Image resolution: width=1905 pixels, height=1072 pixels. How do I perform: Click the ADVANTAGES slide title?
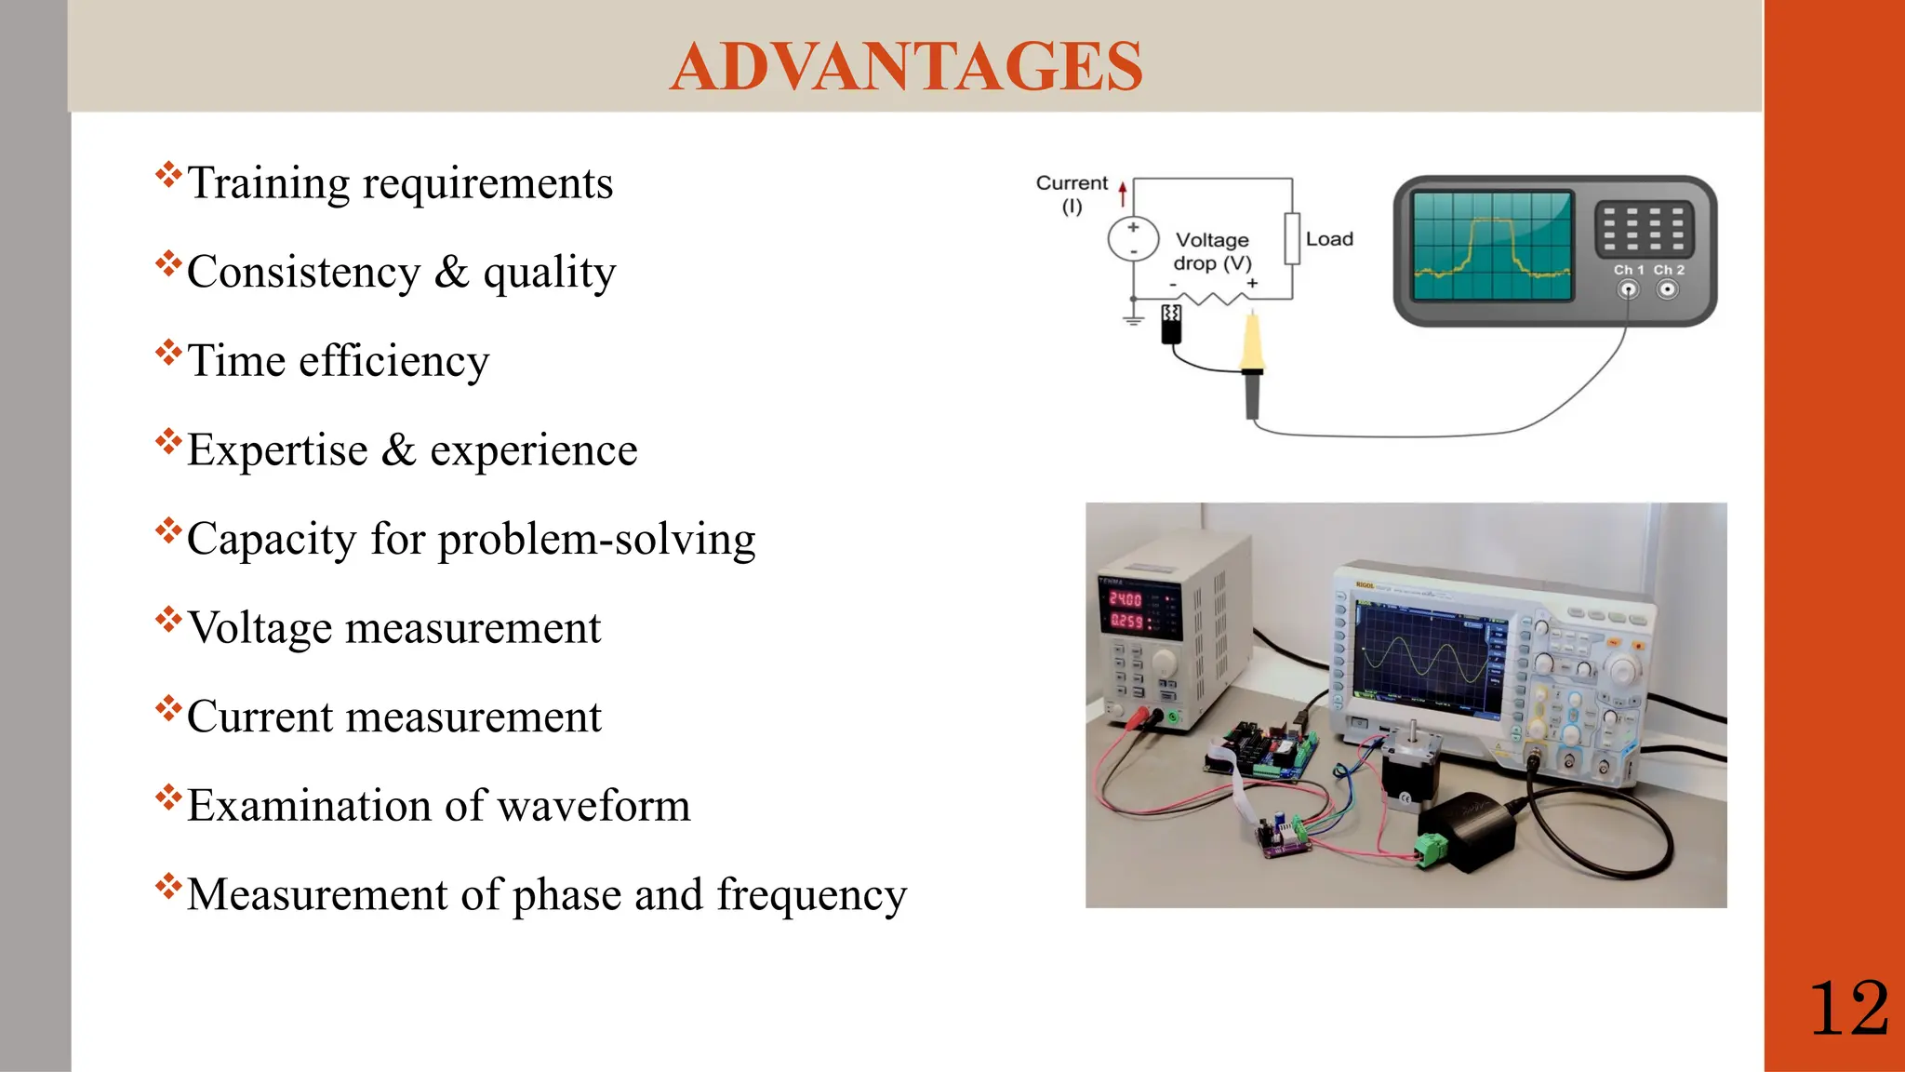pyautogui.click(x=905, y=66)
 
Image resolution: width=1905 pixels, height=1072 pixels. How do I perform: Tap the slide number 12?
pyautogui.click(x=1848, y=1009)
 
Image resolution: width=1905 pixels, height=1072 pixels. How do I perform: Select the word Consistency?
pyautogui.click(x=303, y=273)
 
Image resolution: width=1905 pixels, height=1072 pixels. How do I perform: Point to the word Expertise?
pyautogui.click(x=277, y=450)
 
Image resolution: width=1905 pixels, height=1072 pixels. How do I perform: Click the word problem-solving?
pyautogui.click(x=596, y=540)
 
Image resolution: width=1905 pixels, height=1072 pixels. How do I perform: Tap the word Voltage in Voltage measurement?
pyautogui.click(x=260, y=628)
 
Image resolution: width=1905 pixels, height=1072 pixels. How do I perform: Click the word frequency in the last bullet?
pyautogui.click(x=811, y=895)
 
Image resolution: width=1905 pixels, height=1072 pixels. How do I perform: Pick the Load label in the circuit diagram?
pyautogui.click(x=1328, y=239)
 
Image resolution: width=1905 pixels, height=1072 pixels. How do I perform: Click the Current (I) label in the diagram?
pyautogui.click(x=1072, y=194)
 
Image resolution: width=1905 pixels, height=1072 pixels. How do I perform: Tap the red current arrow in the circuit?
pyautogui.click(x=1123, y=193)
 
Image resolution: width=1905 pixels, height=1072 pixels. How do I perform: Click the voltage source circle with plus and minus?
pyautogui.click(x=1133, y=239)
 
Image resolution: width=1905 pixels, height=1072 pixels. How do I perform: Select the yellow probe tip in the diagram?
pyautogui.click(x=1252, y=342)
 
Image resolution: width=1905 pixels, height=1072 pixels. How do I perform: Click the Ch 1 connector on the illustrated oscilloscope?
pyautogui.click(x=1627, y=289)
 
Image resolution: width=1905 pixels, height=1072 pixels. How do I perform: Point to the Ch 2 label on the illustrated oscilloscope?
pyautogui.click(x=1669, y=270)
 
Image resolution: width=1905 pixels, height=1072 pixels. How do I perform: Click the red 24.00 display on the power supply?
pyautogui.click(x=1126, y=598)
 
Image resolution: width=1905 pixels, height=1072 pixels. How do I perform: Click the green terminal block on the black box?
pyautogui.click(x=1431, y=847)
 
